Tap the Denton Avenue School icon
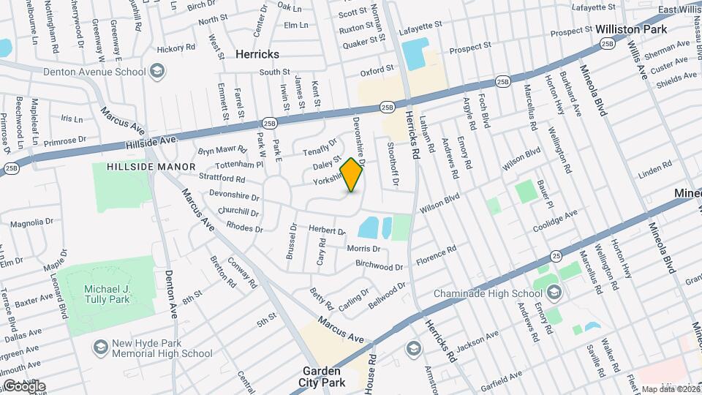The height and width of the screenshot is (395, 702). pos(156,72)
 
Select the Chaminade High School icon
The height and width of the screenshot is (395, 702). pos(554,293)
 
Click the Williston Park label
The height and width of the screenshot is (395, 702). pos(630,29)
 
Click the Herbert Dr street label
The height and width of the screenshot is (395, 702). pos(326,230)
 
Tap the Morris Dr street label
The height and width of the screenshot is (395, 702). pos(363,249)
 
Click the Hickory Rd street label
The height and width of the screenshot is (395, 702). pos(175,49)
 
